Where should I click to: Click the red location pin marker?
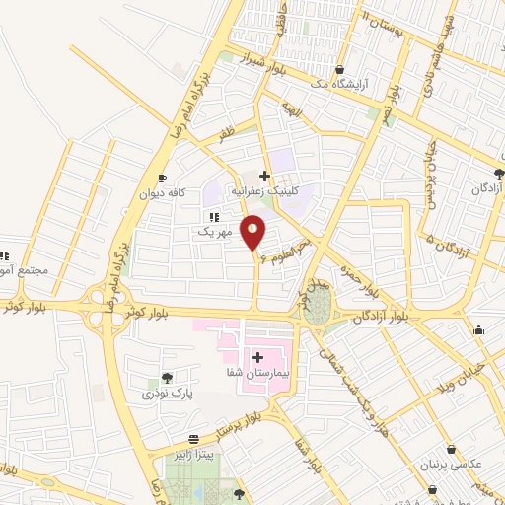[253, 233]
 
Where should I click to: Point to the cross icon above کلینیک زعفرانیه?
[264, 176]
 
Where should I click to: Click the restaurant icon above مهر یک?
[214, 217]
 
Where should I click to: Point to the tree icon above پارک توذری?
[166, 377]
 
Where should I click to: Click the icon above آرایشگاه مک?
[340, 70]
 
